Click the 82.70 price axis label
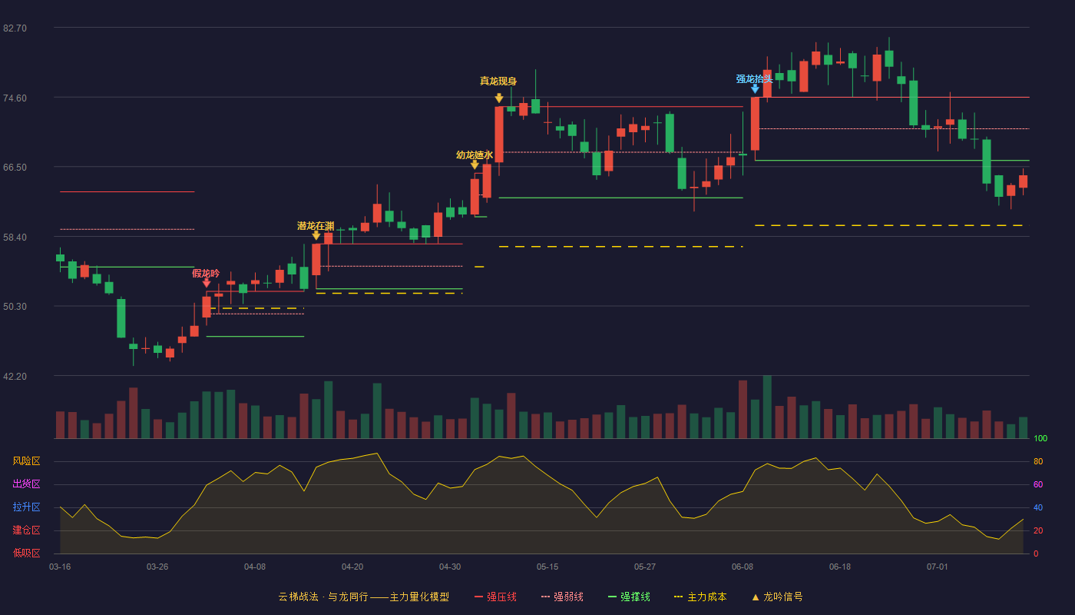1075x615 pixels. (15, 28)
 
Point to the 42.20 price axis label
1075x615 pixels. (15, 376)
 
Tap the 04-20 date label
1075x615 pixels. (352, 567)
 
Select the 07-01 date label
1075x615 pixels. (938, 567)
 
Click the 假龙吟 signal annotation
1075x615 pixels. (206, 274)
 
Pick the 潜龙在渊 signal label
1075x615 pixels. (316, 226)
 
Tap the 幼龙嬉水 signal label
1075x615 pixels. (475, 155)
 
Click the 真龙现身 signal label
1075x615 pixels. (498, 81)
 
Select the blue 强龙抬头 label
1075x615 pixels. (754, 78)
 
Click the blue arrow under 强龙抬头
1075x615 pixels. (755, 89)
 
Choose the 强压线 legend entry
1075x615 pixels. (495, 597)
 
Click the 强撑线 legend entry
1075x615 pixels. (629, 597)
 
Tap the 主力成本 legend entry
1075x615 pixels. (700, 597)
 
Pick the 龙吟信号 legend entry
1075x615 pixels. (777, 597)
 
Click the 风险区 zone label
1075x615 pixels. (26, 461)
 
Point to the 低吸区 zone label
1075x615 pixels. (26, 553)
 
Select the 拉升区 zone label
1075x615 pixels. (26, 507)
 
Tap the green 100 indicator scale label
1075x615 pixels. (1040, 438)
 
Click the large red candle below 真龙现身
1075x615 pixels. (499, 135)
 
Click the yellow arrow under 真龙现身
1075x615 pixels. (499, 98)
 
